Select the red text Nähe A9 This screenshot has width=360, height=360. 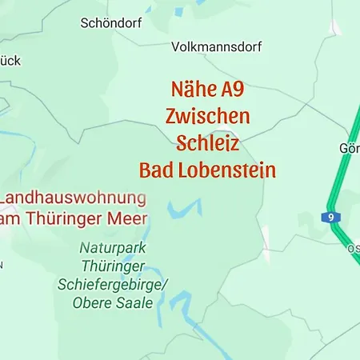coord(207,89)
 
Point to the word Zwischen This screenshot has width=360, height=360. coord(207,116)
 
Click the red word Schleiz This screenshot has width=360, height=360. coord(207,143)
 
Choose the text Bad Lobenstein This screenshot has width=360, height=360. coord(207,170)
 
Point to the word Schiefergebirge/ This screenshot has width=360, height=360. coord(113,285)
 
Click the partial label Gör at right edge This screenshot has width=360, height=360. coord(350,149)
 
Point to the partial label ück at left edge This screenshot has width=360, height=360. coord(10,61)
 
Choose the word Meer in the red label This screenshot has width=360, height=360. coord(127,218)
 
